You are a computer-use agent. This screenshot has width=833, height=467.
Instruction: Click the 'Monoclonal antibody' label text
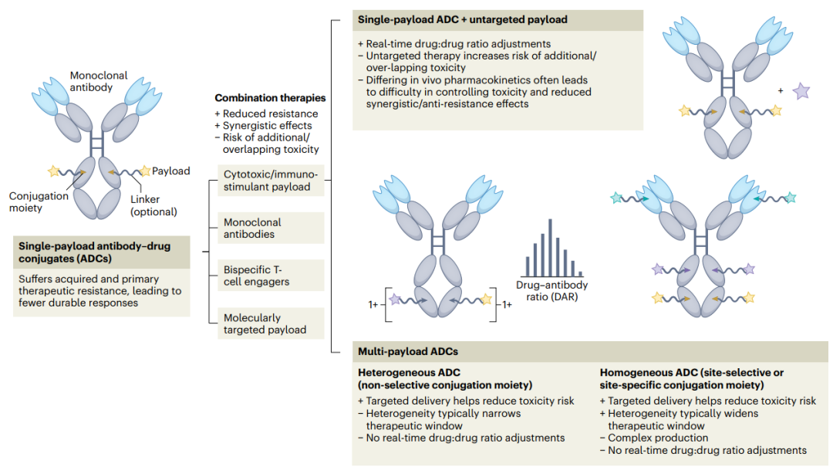pyautogui.click(x=99, y=81)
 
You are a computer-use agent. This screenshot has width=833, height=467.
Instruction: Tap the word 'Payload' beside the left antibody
pyautogui.click(x=170, y=171)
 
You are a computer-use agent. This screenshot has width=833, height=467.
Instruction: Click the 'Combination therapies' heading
pyautogui.click(x=270, y=98)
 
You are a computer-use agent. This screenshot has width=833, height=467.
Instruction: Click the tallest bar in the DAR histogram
pyautogui.click(x=551, y=246)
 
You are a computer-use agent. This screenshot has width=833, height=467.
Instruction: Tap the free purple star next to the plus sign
pyautogui.click(x=801, y=91)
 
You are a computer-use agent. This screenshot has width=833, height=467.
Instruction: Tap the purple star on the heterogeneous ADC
pyautogui.click(x=396, y=298)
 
